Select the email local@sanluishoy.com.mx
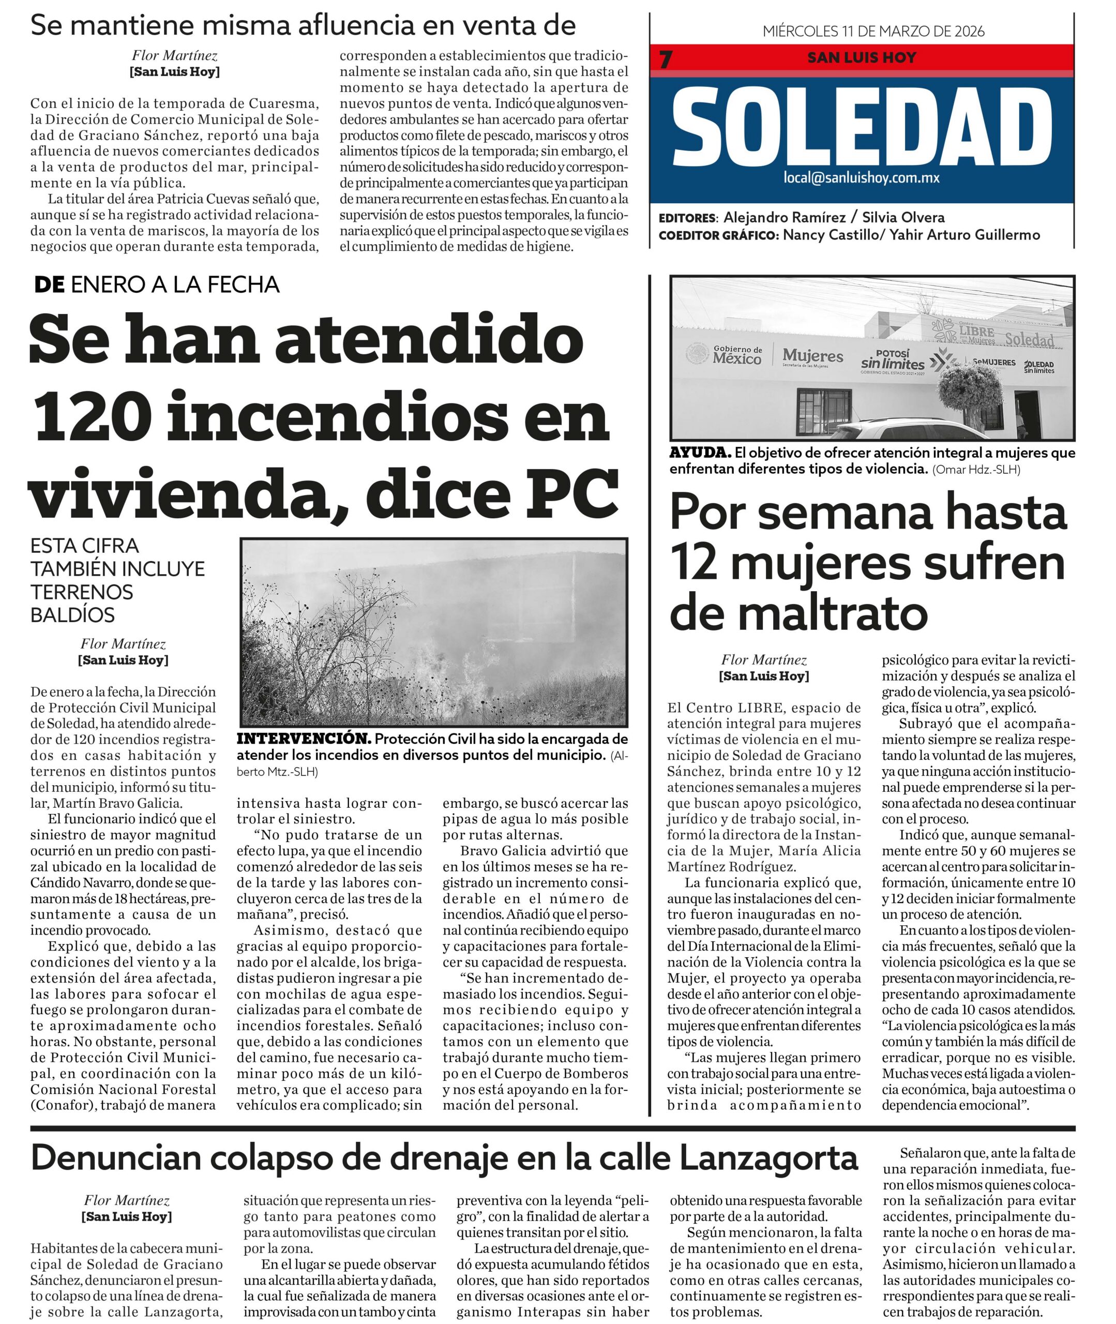861,178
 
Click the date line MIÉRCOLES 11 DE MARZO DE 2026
873,31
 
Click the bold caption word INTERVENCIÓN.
304,738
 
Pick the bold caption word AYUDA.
700,453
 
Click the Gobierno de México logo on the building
725,354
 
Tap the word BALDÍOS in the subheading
73,615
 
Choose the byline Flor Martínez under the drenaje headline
127,1200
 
